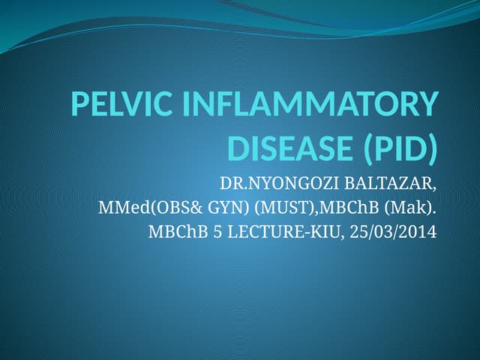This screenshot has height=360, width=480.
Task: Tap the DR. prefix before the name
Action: click(229, 182)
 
